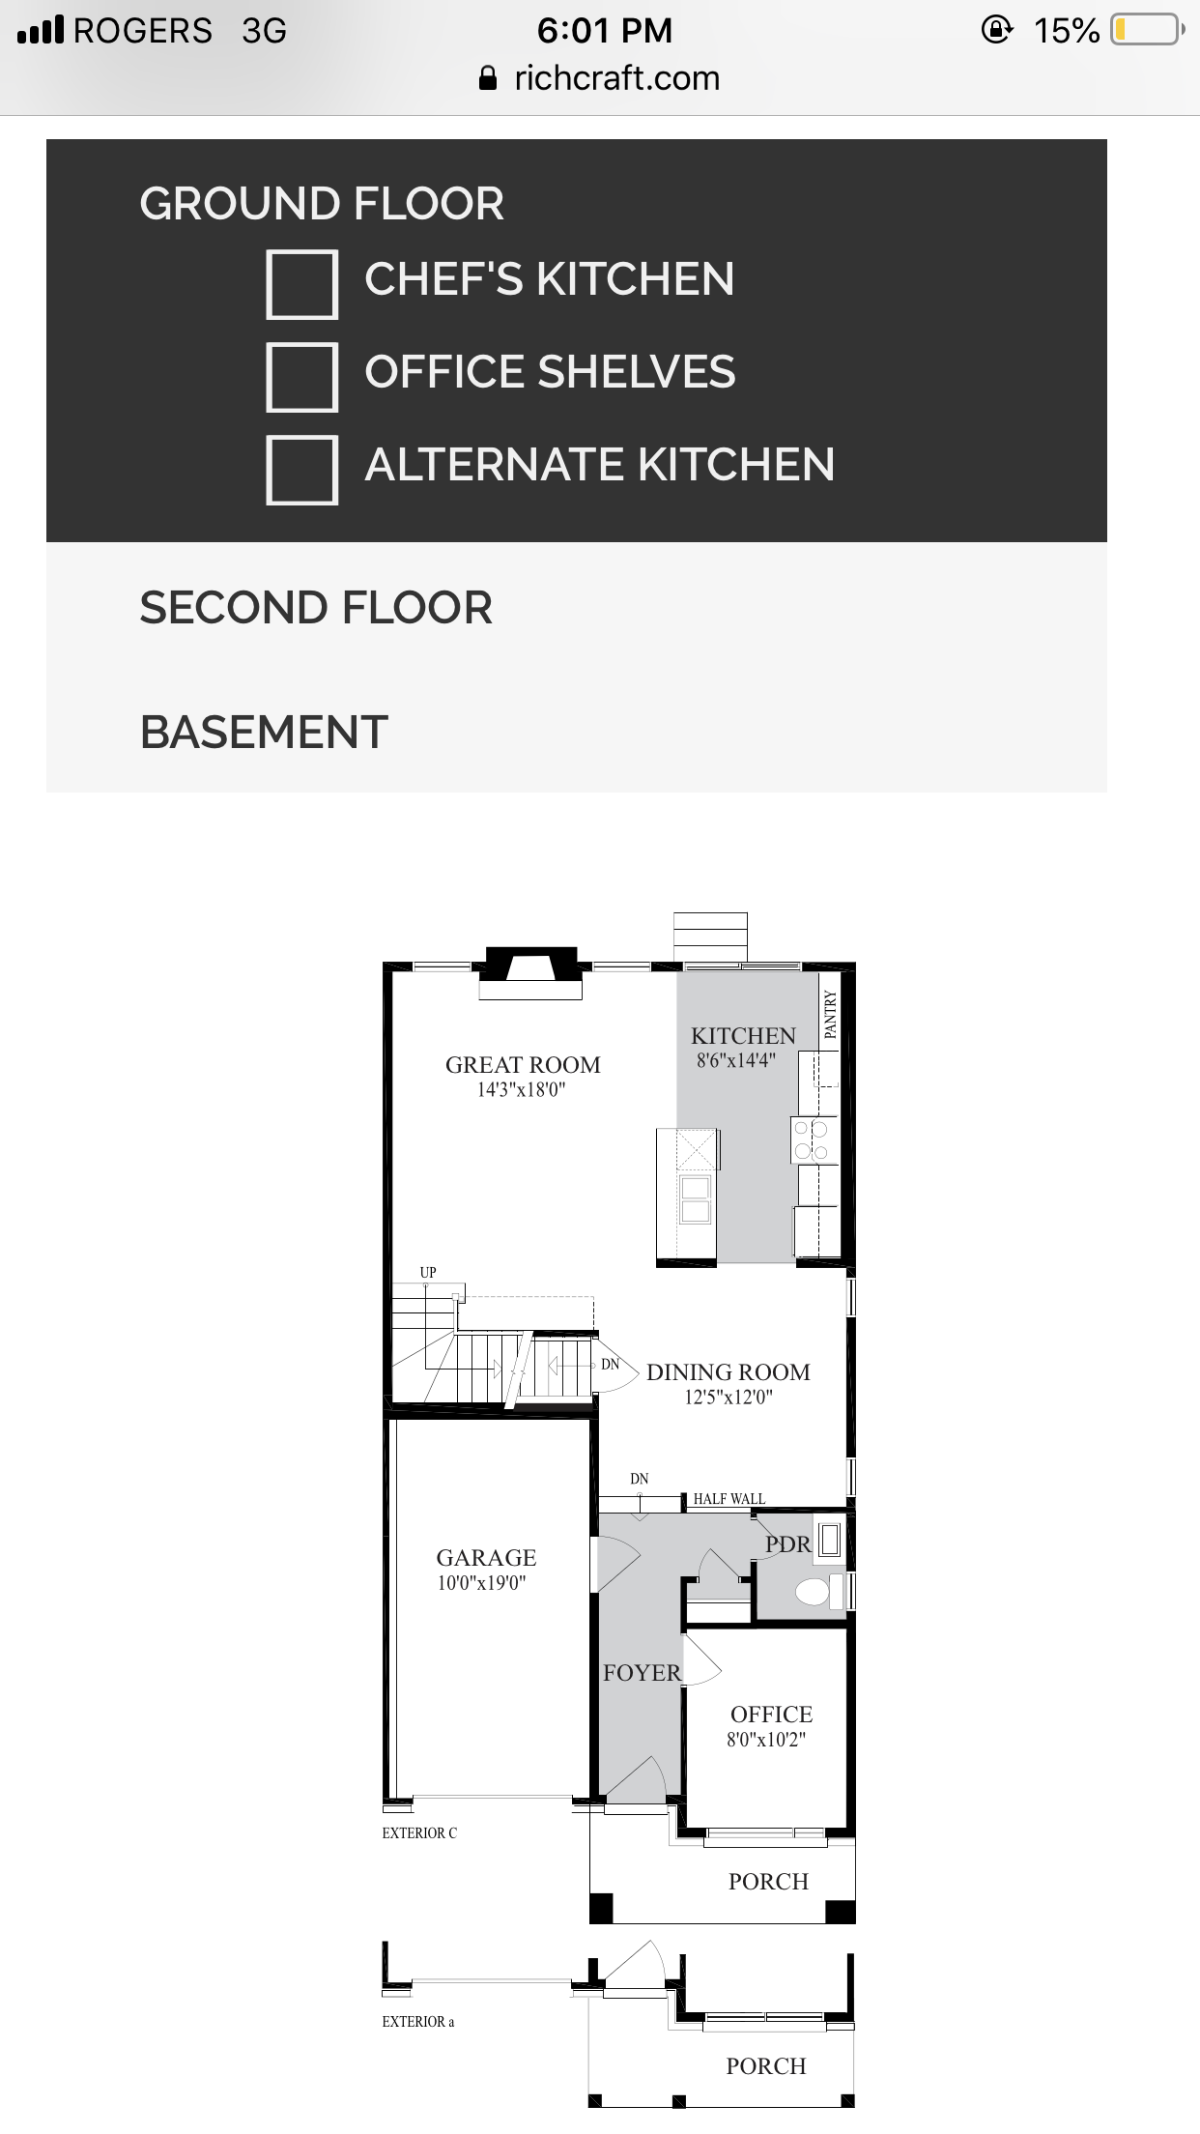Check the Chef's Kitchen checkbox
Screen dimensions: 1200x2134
[301, 284]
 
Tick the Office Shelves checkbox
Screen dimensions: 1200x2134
[301, 377]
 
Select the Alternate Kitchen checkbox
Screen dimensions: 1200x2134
[301, 470]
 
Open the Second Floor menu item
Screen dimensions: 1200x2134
[316, 608]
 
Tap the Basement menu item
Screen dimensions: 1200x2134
[264, 732]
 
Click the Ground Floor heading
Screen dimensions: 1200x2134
[322, 204]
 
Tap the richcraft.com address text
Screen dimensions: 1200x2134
[617, 78]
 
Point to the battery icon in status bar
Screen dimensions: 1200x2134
[1148, 30]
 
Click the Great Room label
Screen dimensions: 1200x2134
[523, 1064]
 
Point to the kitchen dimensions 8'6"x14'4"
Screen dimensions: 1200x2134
[735, 1060]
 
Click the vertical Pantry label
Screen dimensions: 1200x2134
[830, 1014]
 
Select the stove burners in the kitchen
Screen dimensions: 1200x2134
[811, 1139]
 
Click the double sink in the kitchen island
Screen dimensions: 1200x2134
[696, 1199]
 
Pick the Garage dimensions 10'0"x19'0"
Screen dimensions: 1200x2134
[481, 1582]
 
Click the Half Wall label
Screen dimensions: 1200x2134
[729, 1499]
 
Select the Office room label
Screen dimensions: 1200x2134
[771, 1714]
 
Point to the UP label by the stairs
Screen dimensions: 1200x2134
[428, 1272]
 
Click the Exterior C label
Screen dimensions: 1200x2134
[419, 1832]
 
